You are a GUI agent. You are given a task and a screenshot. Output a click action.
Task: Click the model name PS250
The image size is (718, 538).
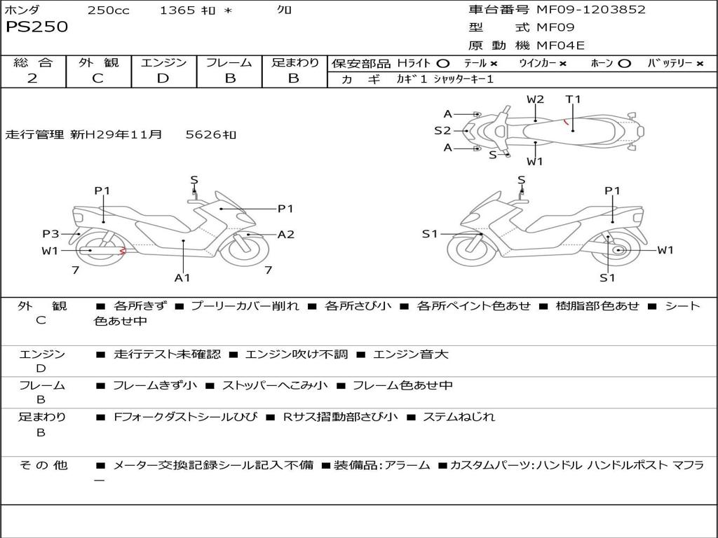pyautogui.click(x=36, y=27)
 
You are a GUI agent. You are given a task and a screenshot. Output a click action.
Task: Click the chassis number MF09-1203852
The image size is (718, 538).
pyautogui.click(x=590, y=10)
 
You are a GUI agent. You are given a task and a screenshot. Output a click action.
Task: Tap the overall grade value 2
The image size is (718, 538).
pyautogui.click(x=32, y=78)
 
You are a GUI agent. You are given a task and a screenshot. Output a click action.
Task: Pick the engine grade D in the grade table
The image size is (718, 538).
pyautogui.click(x=163, y=78)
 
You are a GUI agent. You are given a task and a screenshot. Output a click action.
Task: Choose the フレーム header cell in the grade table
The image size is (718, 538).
pyautogui.click(x=229, y=62)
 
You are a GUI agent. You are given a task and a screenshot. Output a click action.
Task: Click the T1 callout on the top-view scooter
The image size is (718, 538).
pyautogui.click(x=574, y=99)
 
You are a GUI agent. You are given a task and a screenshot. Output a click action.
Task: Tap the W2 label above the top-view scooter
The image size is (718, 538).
pyautogui.click(x=535, y=99)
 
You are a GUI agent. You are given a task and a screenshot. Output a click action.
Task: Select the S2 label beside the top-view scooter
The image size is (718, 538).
pyautogui.click(x=442, y=130)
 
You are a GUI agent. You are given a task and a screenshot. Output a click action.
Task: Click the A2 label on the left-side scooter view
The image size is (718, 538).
pyautogui.click(x=286, y=235)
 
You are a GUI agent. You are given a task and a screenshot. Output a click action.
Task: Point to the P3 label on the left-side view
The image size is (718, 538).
pyautogui.click(x=50, y=234)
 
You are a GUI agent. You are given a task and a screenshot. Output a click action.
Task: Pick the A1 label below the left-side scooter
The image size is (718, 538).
pyautogui.click(x=182, y=278)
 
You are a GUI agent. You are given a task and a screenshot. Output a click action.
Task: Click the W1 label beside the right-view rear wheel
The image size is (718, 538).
pyautogui.click(x=665, y=250)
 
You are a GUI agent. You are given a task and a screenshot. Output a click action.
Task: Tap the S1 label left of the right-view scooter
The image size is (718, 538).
pyautogui.click(x=430, y=234)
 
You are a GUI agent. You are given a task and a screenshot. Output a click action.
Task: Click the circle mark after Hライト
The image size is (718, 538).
pyautogui.click(x=443, y=63)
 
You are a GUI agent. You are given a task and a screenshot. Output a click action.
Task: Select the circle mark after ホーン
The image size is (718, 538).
pyautogui.click(x=624, y=63)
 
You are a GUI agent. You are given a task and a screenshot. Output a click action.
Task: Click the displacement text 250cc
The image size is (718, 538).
pyautogui.click(x=108, y=10)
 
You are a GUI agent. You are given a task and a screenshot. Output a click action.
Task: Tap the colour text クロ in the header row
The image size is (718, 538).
pyautogui.click(x=284, y=10)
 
